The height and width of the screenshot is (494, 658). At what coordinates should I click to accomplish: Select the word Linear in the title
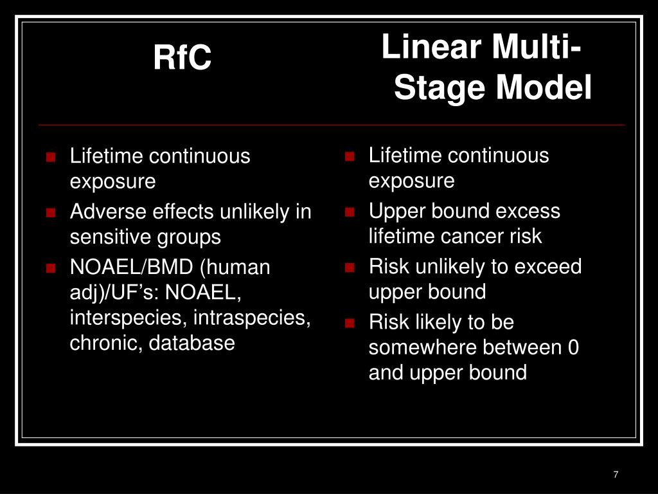point(431,48)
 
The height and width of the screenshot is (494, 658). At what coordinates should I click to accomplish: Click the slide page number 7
point(616,475)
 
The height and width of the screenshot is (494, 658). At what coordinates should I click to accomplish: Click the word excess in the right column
point(528,211)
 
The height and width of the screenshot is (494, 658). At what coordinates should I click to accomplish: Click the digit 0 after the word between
point(573,348)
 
